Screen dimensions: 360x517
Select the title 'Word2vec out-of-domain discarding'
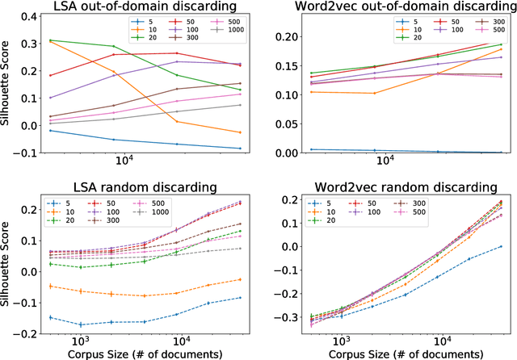(397, 9)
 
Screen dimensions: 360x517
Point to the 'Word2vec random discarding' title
(397, 188)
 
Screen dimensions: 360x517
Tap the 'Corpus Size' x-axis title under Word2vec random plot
(397, 354)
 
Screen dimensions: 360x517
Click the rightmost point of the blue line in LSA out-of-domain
(240, 149)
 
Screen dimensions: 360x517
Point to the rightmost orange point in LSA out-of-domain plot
(240, 132)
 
